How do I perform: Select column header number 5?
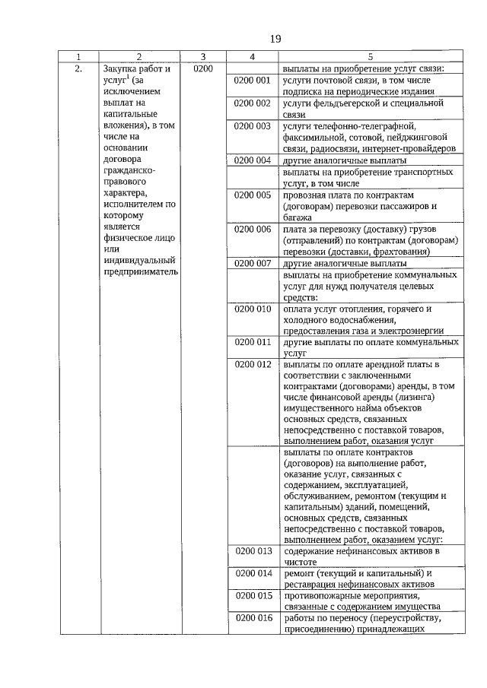371,56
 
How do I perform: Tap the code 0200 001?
253,80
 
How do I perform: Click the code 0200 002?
253,103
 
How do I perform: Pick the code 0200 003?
253,125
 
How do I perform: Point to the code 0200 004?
253,160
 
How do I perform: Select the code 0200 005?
253,195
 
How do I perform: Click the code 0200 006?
253,229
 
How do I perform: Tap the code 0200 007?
253,263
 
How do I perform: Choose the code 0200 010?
253,309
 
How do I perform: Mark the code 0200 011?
253,342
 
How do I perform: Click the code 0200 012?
253,365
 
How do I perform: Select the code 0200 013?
253,550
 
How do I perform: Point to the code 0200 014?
253,572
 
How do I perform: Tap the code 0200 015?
253,595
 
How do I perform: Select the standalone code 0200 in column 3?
203,68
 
